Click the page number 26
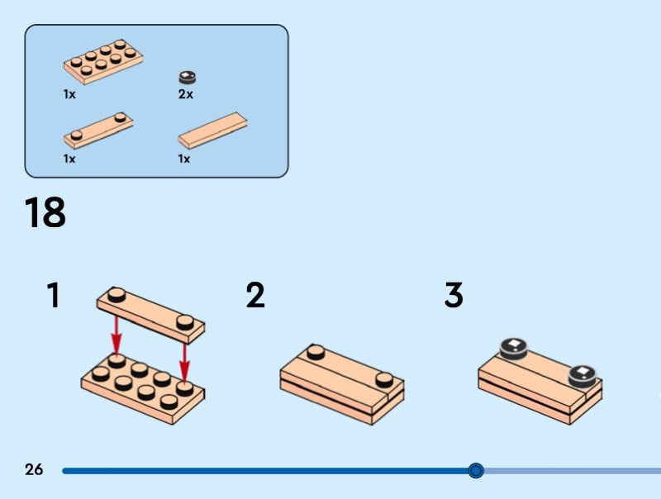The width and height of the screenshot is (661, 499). [34, 470]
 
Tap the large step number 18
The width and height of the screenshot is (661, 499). [45, 213]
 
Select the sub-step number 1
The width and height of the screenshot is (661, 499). [54, 295]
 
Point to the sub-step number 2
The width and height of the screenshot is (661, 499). [255, 295]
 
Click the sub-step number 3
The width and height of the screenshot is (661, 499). [454, 295]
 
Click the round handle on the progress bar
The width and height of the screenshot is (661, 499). [475, 471]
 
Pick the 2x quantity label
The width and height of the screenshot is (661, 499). [186, 94]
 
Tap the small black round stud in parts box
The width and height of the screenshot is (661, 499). [188, 78]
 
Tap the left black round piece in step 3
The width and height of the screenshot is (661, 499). [512, 347]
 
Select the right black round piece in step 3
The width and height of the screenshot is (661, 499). [583, 374]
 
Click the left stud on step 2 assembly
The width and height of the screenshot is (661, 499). [315, 352]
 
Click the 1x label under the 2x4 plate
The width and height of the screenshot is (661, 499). [69, 94]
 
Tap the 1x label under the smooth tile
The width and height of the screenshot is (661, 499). [184, 158]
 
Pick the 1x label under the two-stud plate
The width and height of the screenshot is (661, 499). [69, 158]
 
